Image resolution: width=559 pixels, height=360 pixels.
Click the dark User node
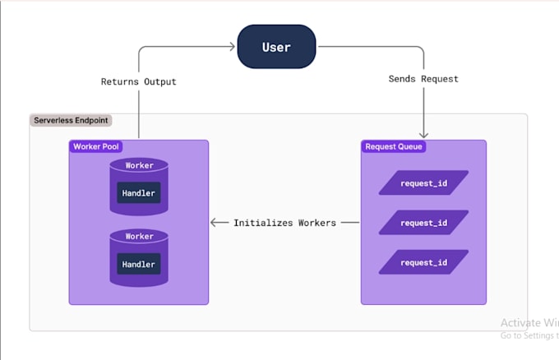[x=276, y=47]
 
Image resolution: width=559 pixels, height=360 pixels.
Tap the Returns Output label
[x=138, y=81]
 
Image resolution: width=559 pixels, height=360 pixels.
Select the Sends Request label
[x=423, y=79]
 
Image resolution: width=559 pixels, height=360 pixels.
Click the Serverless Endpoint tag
[x=72, y=121]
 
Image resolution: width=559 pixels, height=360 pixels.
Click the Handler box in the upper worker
[x=139, y=193]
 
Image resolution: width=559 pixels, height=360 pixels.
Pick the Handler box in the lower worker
[x=139, y=264]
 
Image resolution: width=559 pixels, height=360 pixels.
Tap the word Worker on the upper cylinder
[x=139, y=166]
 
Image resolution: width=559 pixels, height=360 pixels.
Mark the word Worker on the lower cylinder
[x=139, y=237]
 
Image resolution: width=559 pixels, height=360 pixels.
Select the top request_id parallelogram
[x=423, y=182]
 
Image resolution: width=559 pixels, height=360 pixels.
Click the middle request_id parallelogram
[x=423, y=223]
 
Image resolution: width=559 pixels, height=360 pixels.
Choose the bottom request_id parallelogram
[x=423, y=262]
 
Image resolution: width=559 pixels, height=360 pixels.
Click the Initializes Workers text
[x=284, y=223]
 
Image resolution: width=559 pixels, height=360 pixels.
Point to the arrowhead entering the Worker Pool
[x=215, y=223]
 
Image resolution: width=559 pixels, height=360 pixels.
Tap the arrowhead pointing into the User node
[x=232, y=47]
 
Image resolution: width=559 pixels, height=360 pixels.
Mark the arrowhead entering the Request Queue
[x=423, y=135]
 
